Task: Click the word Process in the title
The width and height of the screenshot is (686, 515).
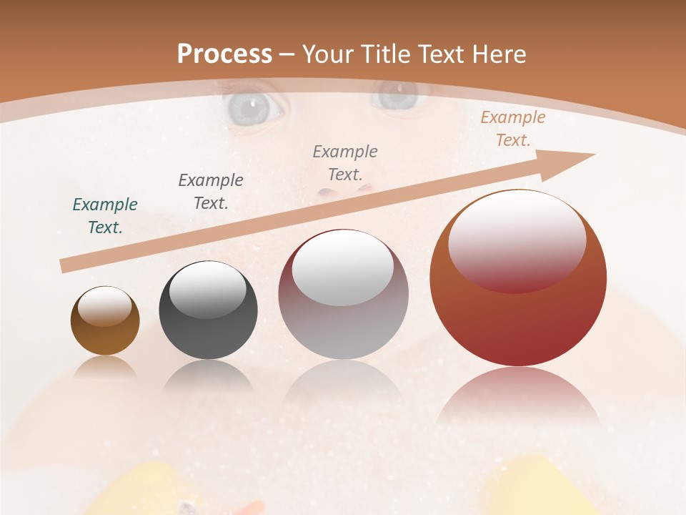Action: coord(224,54)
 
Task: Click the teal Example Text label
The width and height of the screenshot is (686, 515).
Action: coord(104,216)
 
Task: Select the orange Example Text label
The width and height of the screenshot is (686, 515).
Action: coord(512,129)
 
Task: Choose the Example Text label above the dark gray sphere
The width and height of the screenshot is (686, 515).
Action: coord(210,192)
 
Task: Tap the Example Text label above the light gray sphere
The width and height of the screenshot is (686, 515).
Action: coord(345,162)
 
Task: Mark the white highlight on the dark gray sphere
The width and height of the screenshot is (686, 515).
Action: coord(207,288)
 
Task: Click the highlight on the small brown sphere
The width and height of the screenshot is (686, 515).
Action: coord(104,306)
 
